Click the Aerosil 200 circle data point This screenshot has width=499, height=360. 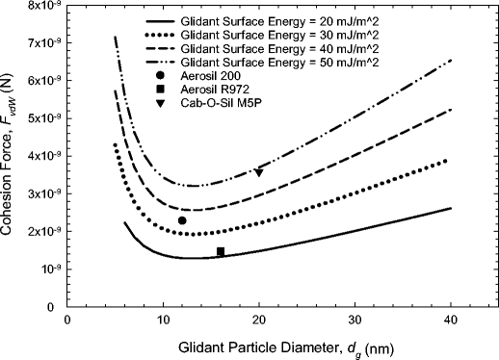click(182, 220)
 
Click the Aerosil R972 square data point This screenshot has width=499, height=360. click(221, 251)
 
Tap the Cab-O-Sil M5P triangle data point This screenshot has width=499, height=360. click(259, 172)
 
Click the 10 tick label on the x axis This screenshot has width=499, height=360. click(163, 321)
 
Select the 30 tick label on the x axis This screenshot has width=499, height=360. click(355, 321)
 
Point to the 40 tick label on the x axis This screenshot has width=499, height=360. click(452, 321)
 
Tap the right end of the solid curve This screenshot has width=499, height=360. click(451, 208)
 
